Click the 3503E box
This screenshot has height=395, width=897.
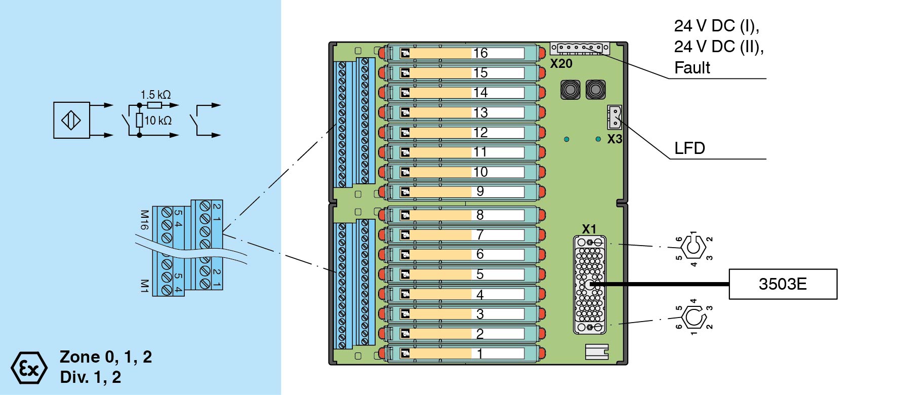783,284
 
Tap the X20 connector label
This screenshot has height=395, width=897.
561,64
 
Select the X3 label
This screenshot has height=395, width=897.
615,139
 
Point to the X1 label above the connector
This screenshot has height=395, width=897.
589,229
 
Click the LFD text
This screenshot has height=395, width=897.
689,148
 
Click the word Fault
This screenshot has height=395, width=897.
692,68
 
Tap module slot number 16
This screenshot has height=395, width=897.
480,53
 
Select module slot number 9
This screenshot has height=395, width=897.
480,191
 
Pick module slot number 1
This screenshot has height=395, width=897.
480,353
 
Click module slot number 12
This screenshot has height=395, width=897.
480,133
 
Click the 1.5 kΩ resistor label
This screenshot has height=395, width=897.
155,95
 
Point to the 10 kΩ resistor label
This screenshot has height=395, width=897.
158,121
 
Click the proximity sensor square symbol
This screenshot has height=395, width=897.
71,121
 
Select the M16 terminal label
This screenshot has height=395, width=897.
144,220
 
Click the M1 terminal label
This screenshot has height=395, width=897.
144,286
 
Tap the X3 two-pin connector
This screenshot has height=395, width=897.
615,117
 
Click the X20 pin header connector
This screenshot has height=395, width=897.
580,48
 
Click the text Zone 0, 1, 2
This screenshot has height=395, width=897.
106,357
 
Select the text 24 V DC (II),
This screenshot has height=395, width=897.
719,47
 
